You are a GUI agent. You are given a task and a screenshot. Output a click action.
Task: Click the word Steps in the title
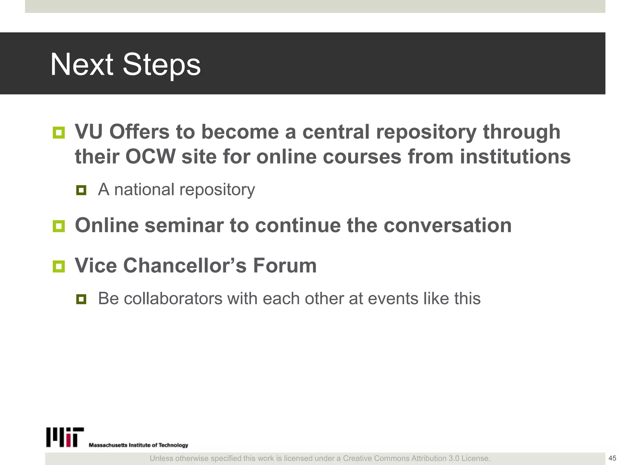161,64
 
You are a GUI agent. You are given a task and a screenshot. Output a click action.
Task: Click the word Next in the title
82,64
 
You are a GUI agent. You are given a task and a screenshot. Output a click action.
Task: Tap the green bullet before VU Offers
59,133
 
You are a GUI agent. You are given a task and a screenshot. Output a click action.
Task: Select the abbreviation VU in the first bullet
88,132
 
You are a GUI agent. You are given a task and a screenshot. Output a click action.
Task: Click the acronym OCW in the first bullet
150,157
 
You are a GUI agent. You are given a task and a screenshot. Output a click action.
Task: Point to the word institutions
515,157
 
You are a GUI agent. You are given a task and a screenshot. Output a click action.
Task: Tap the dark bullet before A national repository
81,190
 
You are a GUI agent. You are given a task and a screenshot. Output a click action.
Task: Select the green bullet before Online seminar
59,226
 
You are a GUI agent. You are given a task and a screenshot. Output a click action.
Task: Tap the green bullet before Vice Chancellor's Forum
59,266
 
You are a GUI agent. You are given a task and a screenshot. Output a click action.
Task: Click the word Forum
285,265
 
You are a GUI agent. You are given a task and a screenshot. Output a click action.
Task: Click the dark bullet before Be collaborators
81,299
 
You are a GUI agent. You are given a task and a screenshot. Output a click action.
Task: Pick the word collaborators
173,298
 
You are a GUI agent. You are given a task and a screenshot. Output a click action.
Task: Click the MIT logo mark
65,437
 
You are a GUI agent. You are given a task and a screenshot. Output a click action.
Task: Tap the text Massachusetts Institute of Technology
138,445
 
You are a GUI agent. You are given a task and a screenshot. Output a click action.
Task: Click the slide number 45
612,458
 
